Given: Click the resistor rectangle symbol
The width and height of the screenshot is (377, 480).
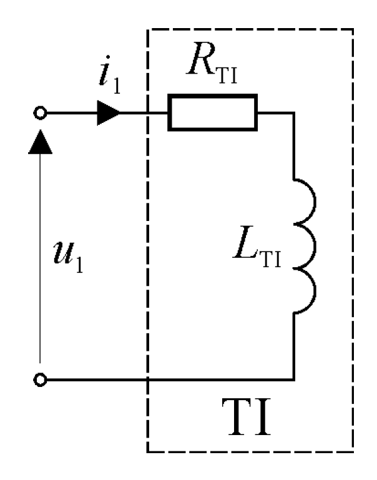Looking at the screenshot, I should (212, 114).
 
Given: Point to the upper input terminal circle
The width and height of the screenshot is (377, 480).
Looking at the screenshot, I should (41, 114).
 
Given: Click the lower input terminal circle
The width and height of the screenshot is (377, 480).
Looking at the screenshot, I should (41, 379).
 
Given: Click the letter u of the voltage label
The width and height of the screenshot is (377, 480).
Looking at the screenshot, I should (63, 254).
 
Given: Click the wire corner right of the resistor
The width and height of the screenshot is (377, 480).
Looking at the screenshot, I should (294, 114).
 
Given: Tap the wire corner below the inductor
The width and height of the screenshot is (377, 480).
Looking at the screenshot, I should (294, 379).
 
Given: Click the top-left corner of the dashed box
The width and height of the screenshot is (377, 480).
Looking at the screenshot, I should (147, 29).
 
